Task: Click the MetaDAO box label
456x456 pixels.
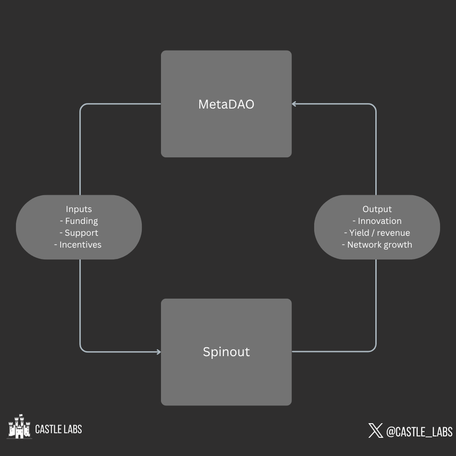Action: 226,104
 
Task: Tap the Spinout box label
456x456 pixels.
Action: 226,352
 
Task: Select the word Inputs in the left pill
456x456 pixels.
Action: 79,209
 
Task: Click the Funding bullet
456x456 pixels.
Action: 79,221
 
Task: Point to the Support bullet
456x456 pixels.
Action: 79,233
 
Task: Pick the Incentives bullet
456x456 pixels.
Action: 79,245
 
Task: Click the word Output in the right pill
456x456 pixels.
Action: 377,209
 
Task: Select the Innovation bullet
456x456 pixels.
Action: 377,221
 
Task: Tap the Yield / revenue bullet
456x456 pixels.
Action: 377,233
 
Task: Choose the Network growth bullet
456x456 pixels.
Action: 377,245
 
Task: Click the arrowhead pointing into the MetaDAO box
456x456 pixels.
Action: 294,104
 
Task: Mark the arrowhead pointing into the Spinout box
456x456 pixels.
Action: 159,352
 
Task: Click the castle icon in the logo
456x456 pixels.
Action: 20,427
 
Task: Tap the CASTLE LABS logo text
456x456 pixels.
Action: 58,429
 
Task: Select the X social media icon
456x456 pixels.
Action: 375,430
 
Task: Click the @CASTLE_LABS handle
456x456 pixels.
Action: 419,431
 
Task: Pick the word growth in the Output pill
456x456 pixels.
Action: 396,245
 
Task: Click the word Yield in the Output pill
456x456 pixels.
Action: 359,233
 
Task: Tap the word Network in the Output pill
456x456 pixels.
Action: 363,245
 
